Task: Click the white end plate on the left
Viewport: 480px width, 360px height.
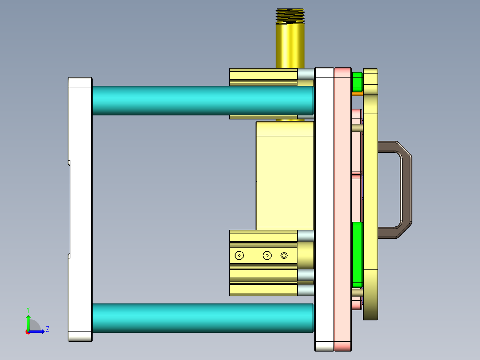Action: [80, 209]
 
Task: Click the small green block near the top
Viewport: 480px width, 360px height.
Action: [357, 81]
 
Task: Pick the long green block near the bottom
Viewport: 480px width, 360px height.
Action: [357, 254]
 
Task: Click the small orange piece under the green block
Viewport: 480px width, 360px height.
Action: [357, 93]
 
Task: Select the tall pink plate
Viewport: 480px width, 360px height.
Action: [343, 209]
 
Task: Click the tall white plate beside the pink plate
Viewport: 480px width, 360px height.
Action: [324, 209]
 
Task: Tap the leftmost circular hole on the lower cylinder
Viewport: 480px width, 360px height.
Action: [239, 255]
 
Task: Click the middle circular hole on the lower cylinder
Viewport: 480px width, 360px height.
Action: [267, 255]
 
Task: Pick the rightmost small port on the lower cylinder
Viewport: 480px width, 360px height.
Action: [284, 255]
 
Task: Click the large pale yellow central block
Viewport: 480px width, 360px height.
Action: [285, 176]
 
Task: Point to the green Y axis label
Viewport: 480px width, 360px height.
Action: [28, 309]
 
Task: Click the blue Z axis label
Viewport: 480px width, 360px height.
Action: [47, 329]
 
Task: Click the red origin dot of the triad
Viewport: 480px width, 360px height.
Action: [28, 332]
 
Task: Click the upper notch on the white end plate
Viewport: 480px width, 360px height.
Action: [69, 163]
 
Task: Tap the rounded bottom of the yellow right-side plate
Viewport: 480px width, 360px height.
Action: [370, 316]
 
